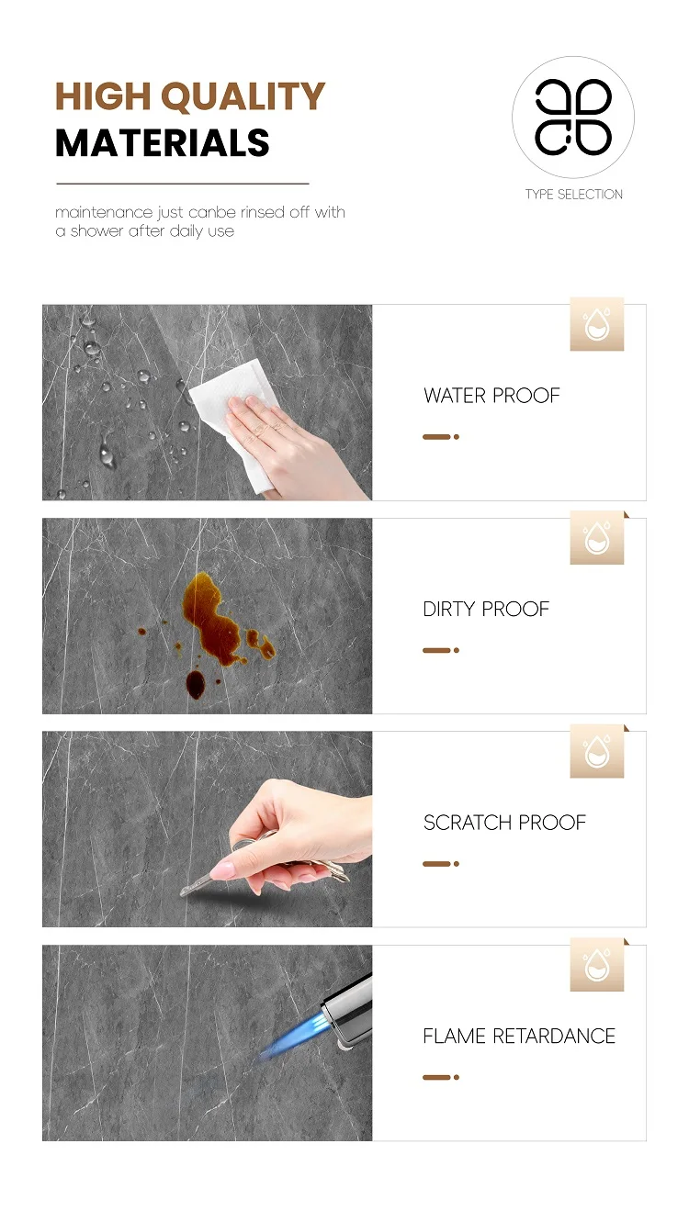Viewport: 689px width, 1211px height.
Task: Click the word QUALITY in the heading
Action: tap(243, 97)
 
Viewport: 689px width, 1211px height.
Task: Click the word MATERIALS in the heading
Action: tap(163, 143)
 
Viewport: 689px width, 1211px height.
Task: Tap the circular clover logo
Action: tap(573, 118)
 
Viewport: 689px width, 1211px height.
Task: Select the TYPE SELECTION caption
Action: tap(574, 194)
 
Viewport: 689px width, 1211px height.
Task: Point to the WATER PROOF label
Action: tap(491, 396)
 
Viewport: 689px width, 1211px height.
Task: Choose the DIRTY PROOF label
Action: tap(486, 610)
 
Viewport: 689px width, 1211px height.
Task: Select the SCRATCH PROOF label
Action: tap(504, 823)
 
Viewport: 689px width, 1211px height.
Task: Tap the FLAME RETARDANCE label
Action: tap(519, 1037)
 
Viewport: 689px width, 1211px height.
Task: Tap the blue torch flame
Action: tap(292, 1034)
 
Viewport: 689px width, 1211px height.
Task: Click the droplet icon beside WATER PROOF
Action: tap(596, 324)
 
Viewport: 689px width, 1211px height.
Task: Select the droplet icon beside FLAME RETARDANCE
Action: tap(596, 965)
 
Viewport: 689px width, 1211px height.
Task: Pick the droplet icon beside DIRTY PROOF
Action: tap(596, 538)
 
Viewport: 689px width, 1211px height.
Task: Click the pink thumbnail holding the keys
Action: tap(221, 871)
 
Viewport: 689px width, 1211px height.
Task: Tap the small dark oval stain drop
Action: tap(196, 684)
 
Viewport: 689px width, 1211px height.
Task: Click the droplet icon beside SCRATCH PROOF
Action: tap(596, 751)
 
